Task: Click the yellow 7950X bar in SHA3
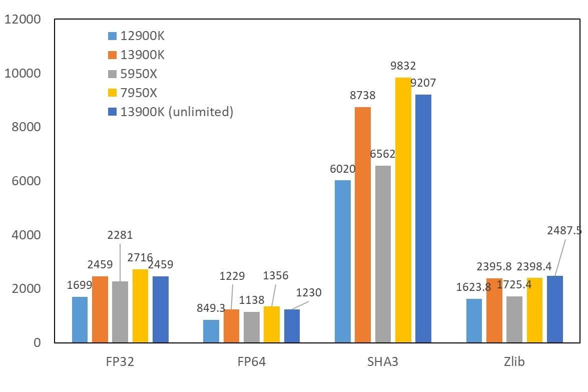(403, 210)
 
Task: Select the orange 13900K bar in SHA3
(363, 225)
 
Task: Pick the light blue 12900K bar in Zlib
(474, 321)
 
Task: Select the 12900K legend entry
(142, 36)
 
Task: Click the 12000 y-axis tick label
(22, 20)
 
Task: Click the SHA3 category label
(383, 361)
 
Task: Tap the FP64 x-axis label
(251, 361)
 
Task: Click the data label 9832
(403, 66)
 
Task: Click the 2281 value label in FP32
(120, 235)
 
